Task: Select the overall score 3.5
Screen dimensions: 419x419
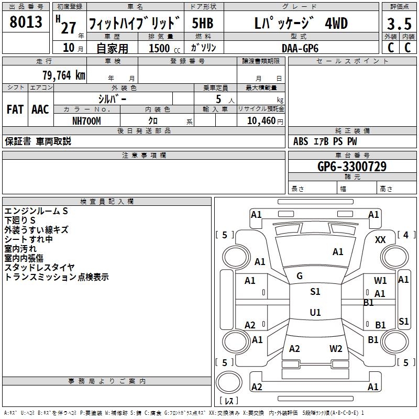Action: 399,24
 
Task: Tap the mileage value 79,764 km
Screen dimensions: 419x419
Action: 63,75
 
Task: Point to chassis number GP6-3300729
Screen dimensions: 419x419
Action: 352,167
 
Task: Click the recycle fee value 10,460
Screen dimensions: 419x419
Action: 260,121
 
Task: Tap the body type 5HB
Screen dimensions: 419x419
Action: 203,24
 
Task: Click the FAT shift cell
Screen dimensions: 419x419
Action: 15,109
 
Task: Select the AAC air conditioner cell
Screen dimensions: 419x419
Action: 40,109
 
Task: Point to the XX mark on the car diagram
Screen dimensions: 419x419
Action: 381,239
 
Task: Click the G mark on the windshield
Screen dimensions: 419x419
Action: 300,275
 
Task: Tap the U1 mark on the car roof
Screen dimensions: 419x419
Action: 315,312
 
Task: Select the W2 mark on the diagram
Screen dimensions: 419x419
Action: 336,348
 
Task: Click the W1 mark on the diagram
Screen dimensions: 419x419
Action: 380,281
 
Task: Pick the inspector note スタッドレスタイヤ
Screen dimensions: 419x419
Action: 40,268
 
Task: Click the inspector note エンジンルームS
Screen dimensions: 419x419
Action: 36,211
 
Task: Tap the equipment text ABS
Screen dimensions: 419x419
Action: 301,141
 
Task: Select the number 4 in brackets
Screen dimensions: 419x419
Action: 405,235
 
